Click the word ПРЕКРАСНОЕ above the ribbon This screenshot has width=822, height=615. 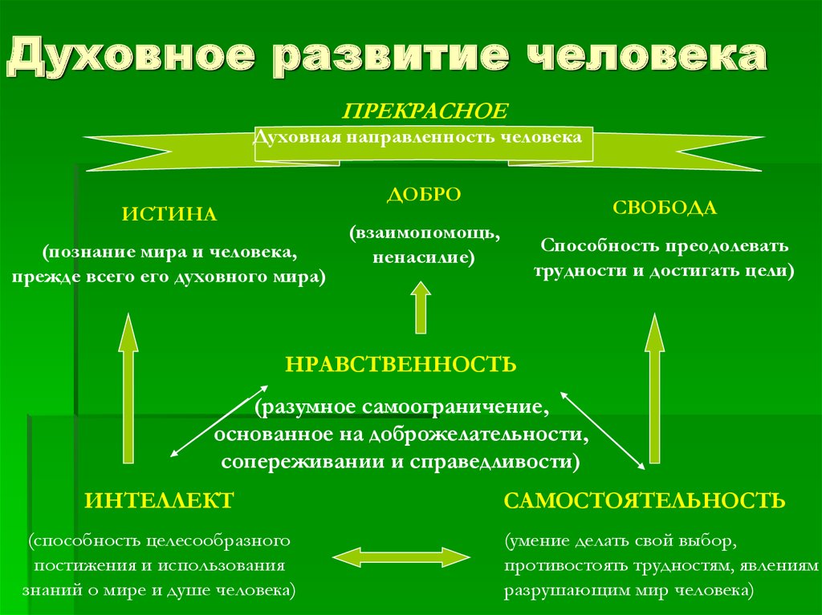coord(425,111)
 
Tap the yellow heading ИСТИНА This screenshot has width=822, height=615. coord(169,214)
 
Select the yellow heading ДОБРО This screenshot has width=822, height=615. coord(424,194)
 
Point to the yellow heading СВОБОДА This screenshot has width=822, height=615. coord(664,208)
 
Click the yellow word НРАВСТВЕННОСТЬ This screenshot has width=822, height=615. coord(401,364)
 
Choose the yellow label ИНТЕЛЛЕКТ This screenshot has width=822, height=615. coord(160,500)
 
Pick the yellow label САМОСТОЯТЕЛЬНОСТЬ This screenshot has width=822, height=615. coord(645,500)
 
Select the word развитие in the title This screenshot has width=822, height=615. coord(391,56)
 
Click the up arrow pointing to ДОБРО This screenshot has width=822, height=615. coord(421,308)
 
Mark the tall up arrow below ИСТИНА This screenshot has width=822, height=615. coord(128,388)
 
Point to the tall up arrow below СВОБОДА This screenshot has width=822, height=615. coord(654,388)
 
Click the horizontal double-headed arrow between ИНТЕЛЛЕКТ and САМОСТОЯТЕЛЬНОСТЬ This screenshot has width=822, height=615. coord(401,557)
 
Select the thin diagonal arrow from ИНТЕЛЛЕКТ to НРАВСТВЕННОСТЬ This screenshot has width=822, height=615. coord(219,422)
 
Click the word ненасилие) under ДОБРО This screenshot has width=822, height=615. coord(424,257)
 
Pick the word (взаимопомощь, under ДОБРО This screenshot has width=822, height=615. coord(425,233)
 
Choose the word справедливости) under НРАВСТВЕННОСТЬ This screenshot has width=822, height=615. coord(494,462)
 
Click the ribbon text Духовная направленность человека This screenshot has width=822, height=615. coord(417,137)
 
